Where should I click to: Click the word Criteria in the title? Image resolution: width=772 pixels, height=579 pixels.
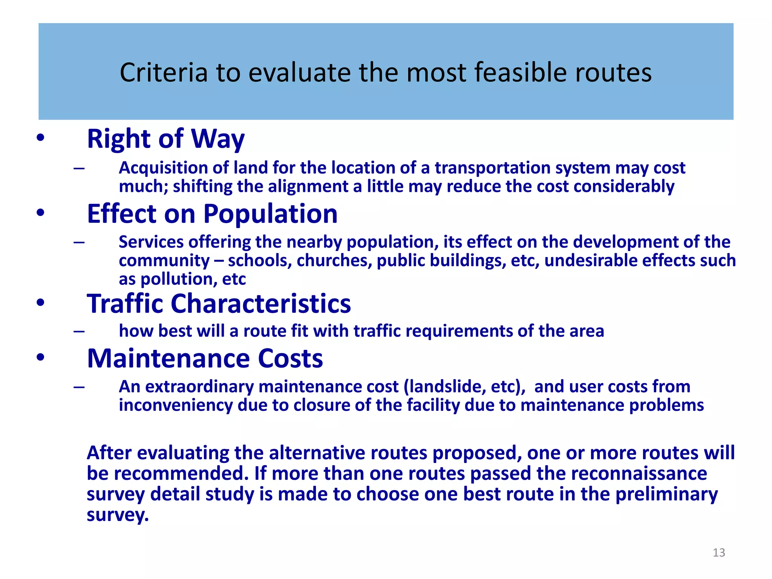click(164, 72)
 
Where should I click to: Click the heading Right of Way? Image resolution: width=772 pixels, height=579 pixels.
click(165, 139)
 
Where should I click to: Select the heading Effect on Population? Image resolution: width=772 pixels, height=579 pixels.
click(212, 214)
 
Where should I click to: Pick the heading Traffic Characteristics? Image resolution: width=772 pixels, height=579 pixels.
click(219, 303)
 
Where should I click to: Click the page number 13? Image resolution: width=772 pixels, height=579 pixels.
click(718, 553)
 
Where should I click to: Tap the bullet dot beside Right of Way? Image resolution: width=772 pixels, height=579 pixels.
click(40, 138)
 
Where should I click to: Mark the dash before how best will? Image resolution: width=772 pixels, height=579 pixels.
click(79, 331)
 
